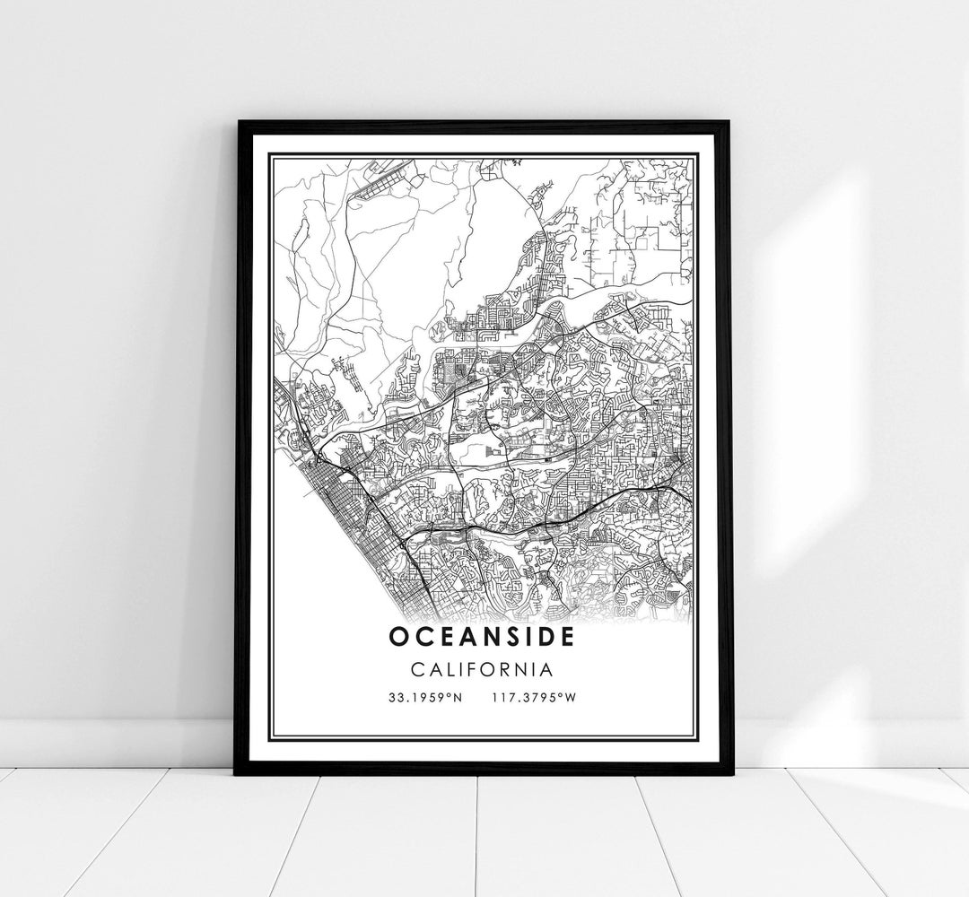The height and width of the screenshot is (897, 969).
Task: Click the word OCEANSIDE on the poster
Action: point(484,636)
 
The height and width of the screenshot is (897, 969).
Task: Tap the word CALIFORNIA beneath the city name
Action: point(484,670)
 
